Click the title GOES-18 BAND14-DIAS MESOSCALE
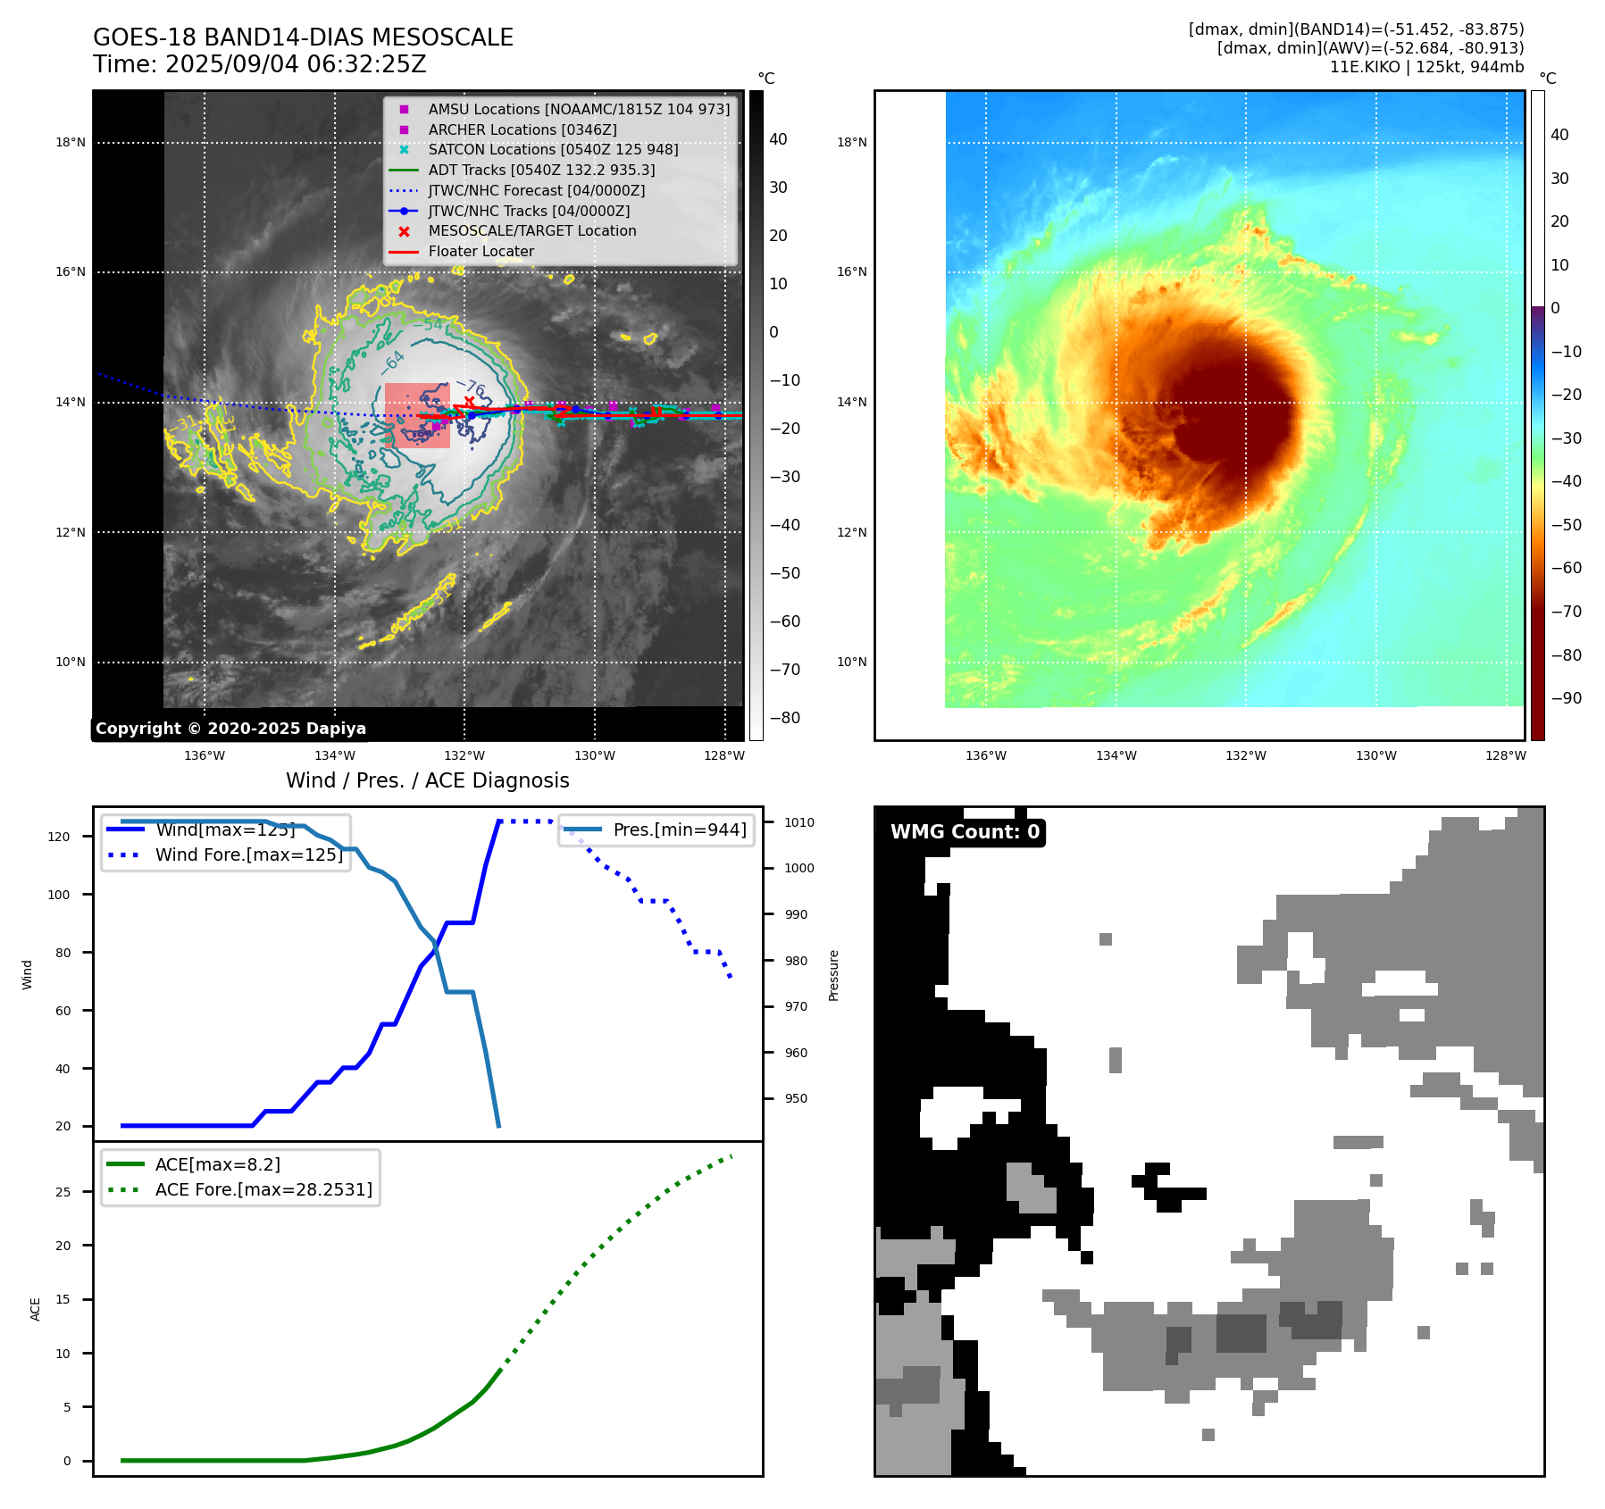pyautogui.click(x=303, y=38)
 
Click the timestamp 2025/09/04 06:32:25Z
pyautogui.click(x=296, y=64)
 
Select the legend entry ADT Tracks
pyautogui.click(x=541, y=170)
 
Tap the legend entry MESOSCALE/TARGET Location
pyautogui.click(x=532, y=230)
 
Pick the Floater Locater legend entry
pyautogui.click(x=481, y=251)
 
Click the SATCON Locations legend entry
pyautogui.click(x=553, y=149)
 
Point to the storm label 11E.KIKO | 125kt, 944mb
pyautogui.click(x=1426, y=67)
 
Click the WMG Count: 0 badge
pyautogui.click(x=965, y=832)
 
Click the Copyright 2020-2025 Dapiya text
pyautogui.click(x=230, y=729)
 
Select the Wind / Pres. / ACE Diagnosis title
pyautogui.click(x=427, y=780)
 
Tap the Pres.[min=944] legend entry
pyautogui.click(x=680, y=830)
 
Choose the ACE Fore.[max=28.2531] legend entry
pyautogui.click(x=263, y=1189)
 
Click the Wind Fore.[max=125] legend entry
pyautogui.click(x=249, y=855)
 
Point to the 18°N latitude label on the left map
pyautogui.click(x=71, y=142)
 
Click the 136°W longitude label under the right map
pyautogui.click(x=985, y=755)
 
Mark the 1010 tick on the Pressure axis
pyautogui.click(x=799, y=822)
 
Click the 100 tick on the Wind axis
pyautogui.click(x=59, y=895)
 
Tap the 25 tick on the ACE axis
pyautogui.click(x=63, y=1192)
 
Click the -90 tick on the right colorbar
pyautogui.click(x=1566, y=698)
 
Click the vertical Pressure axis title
pyautogui.click(x=833, y=975)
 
